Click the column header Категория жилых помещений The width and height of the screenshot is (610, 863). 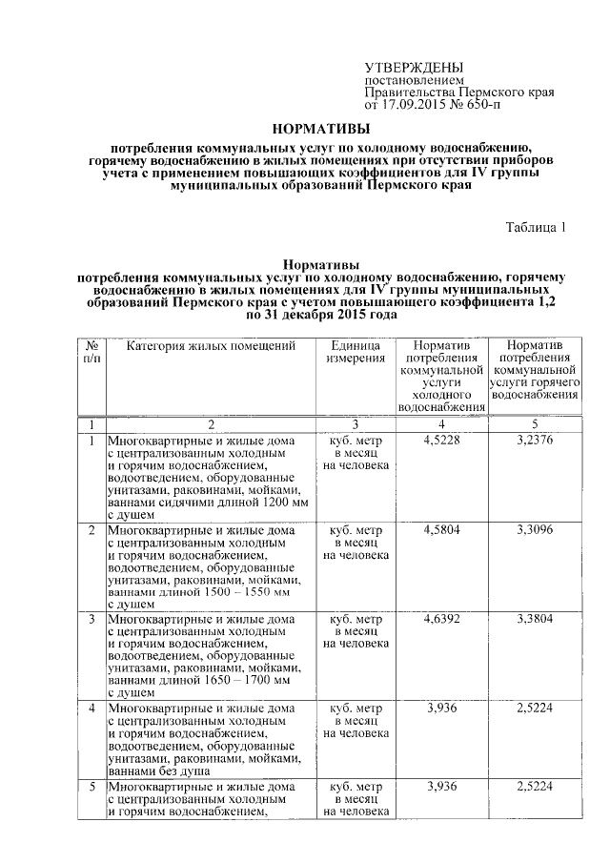tap(212, 344)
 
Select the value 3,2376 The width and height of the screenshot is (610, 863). tap(534, 442)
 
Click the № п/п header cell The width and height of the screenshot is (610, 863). tap(93, 351)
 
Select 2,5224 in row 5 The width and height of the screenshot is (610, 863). tap(534, 786)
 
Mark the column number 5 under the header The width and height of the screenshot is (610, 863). tap(534, 422)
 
